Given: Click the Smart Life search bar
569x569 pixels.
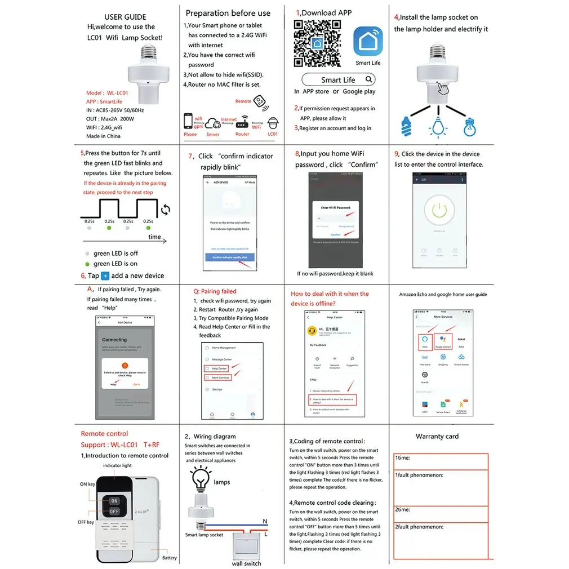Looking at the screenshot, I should [339, 79].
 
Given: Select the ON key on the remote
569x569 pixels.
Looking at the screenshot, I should [114, 500].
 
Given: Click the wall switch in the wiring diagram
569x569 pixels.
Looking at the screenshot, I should [246, 544].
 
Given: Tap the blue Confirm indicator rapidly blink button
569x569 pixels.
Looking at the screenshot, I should [233, 257].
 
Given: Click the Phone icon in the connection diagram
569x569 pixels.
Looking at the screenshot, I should [189, 122].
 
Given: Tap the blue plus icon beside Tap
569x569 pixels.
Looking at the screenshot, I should [105, 276].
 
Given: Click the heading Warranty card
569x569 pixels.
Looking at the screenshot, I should [437, 436].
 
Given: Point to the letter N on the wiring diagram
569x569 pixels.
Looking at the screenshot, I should [265, 521].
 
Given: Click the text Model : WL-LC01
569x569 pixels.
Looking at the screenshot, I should [107, 93].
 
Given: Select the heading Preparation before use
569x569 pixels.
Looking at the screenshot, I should [228, 13].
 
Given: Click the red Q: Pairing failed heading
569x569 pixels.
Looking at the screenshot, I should [215, 291].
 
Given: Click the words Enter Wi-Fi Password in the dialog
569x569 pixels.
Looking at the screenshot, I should [336, 208].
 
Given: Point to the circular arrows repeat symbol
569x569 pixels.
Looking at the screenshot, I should [165, 210].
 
